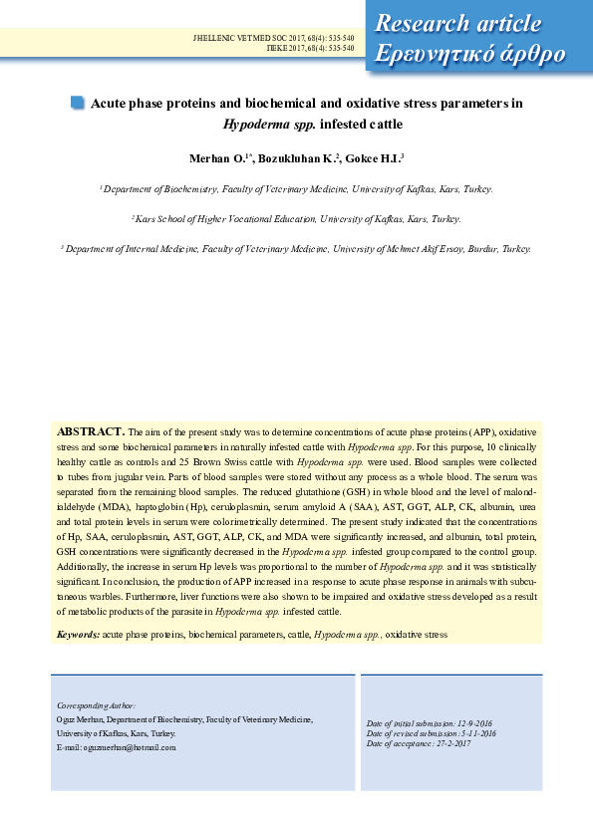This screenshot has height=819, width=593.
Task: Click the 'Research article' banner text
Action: [x=458, y=24]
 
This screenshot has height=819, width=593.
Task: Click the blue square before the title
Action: [x=78, y=102]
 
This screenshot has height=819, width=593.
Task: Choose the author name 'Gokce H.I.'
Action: [x=375, y=158]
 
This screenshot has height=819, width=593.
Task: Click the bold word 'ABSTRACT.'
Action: [x=91, y=431]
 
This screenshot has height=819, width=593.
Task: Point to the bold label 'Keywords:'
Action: [x=78, y=634]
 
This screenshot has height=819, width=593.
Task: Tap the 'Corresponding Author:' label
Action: [x=96, y=704]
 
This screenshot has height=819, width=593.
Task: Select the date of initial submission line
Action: [x=430, y=722]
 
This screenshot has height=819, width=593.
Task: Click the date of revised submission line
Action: [x=431, y=733]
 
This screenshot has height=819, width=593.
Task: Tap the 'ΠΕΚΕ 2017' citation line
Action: [x=310, y=47]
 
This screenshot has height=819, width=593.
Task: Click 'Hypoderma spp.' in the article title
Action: [x=262, y=125]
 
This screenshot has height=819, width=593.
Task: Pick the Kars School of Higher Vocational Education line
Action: [x=296, y=218]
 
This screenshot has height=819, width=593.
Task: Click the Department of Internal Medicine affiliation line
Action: [x=296, y=249]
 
